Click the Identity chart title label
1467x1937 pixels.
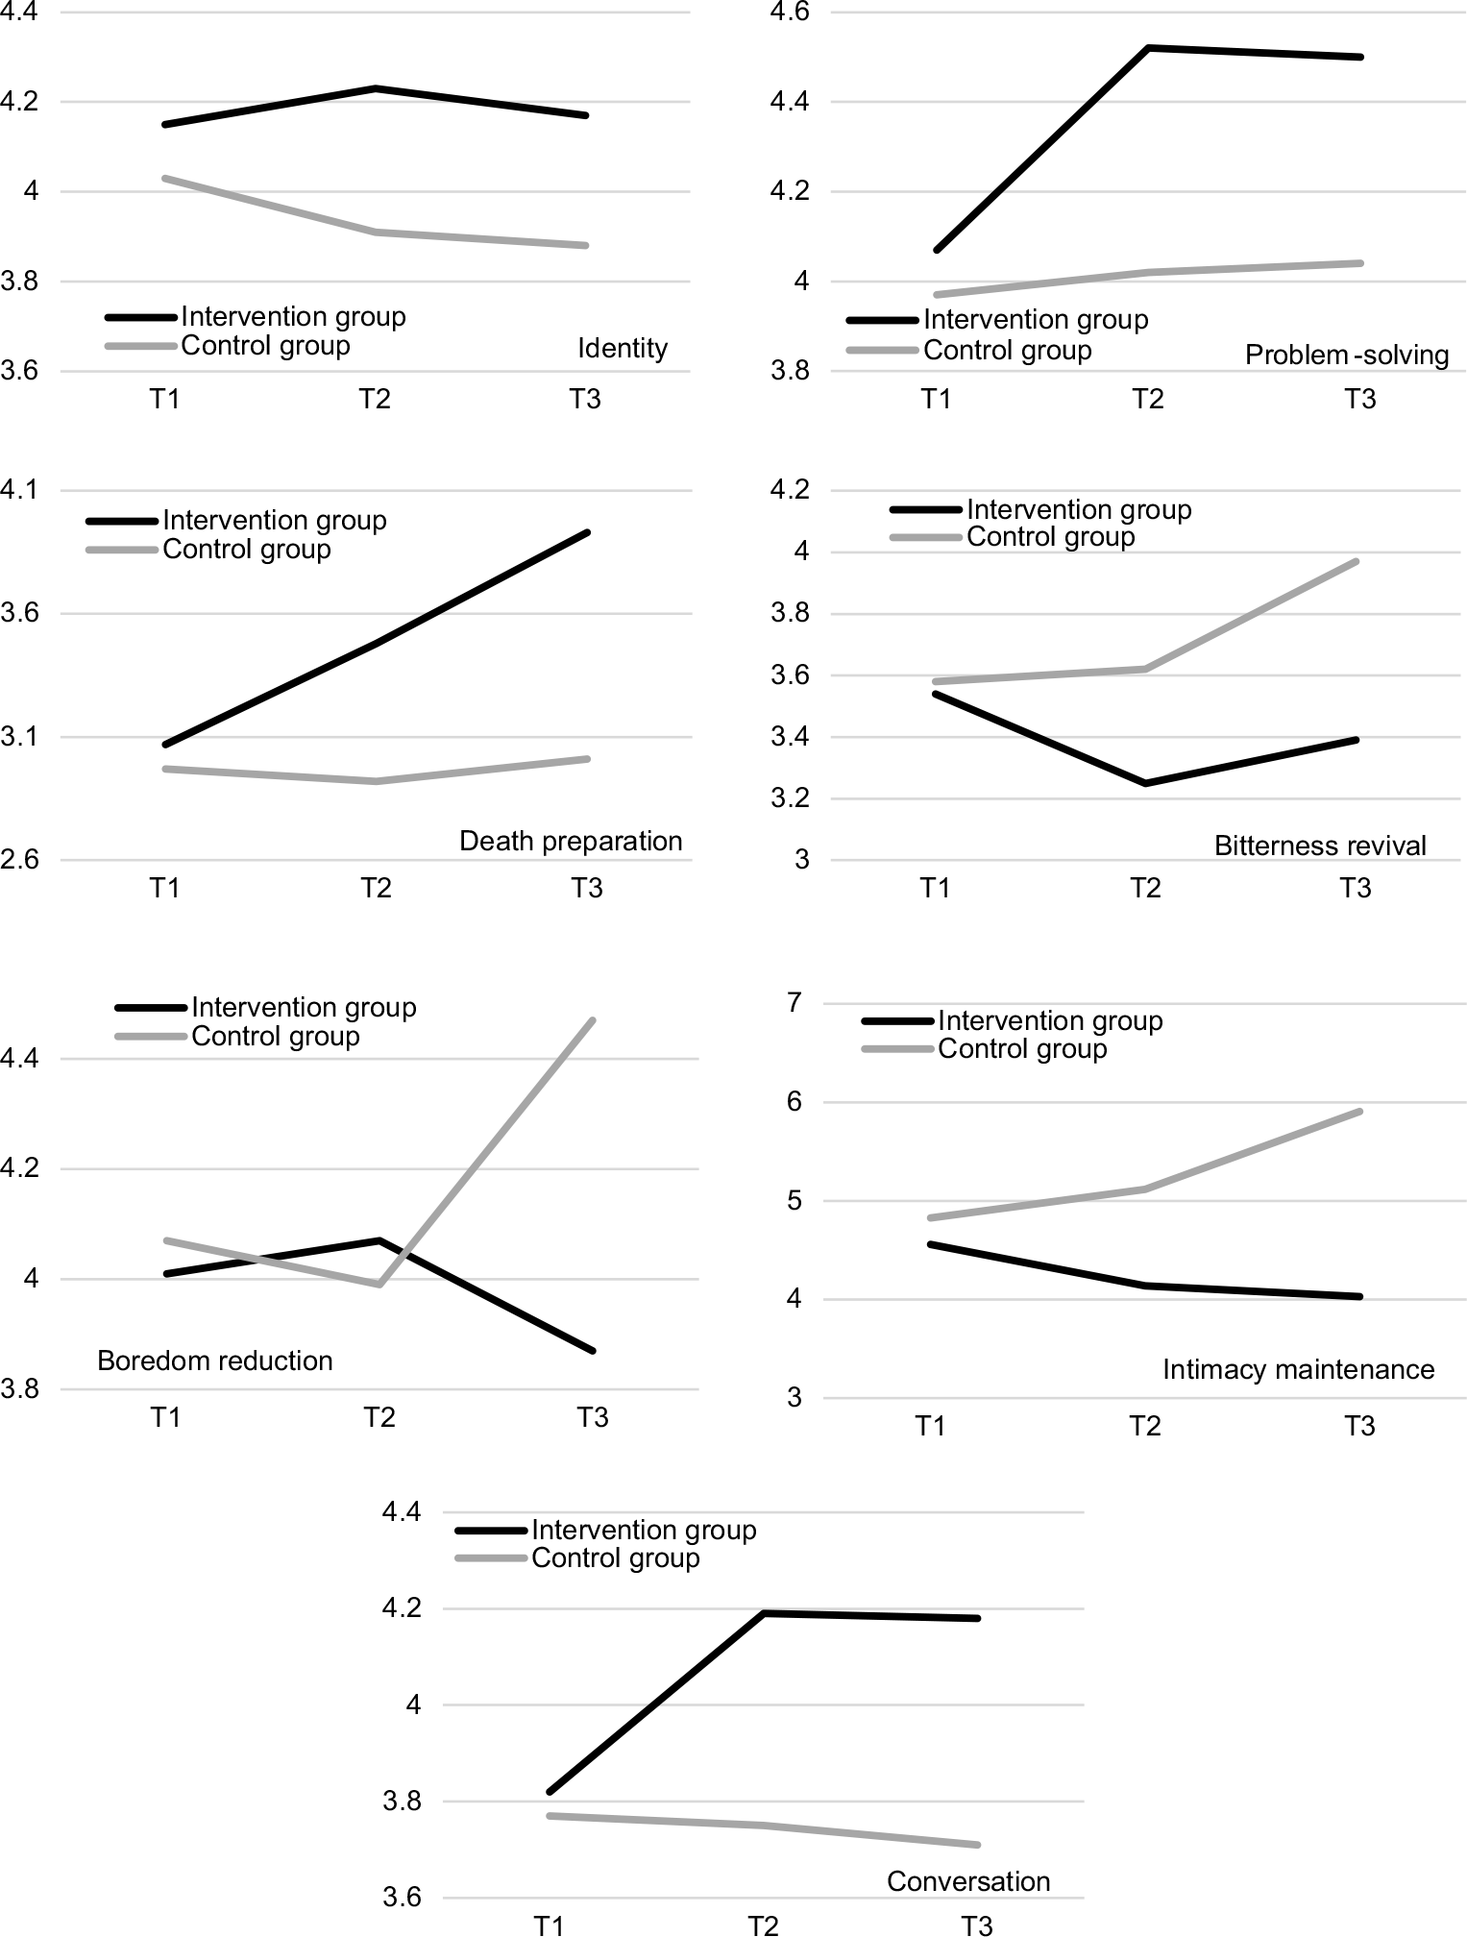622,348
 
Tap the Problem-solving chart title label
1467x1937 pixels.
1346,355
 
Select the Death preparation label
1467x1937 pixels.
571,841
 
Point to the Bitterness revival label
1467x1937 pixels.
1320,846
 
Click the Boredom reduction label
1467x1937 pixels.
215,1361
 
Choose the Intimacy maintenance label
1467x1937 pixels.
1298,1369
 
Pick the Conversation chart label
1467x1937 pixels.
968,1881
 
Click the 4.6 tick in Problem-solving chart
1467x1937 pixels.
791,13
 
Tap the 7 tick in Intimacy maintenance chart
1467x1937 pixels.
794,1003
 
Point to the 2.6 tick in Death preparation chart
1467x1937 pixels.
19,861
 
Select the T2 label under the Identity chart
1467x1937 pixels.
375,399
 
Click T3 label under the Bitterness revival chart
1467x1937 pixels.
1356,888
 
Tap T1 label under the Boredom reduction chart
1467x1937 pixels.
165,1417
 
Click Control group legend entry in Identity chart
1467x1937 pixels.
264,345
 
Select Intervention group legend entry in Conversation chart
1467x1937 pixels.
643,1530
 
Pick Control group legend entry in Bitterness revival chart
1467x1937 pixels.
1049,536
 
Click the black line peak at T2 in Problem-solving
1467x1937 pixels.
1149,47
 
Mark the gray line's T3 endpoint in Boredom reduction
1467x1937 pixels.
594,1020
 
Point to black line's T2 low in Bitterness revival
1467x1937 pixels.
1145,783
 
